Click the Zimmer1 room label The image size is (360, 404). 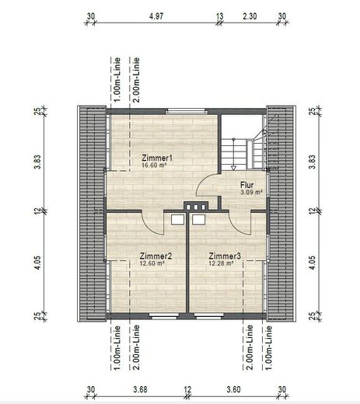point(156,158)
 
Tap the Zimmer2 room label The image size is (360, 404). point(155,256)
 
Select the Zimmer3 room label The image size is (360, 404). point(224,256)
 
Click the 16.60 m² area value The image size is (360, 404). point(156,165)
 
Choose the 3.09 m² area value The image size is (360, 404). point(250,192)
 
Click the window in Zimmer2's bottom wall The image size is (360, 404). point(161,316)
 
